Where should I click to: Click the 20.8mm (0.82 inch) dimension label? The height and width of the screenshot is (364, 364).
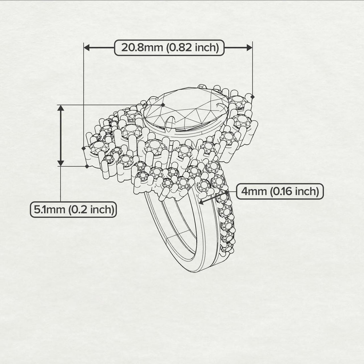(169, 48)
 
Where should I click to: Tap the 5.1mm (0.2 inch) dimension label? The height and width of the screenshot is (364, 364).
(73, 210)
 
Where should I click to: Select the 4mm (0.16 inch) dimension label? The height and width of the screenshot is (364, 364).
(280, 192)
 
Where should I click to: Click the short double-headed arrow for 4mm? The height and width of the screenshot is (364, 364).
(214, 197)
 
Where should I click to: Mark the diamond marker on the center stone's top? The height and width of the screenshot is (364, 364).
(163, 105)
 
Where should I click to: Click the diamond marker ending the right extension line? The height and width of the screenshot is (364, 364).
(252, 97)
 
